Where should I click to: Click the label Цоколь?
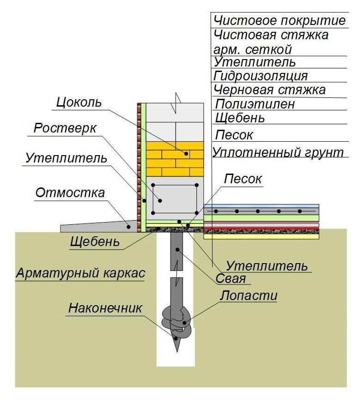coord(79,102)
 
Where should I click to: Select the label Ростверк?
coord(65,128)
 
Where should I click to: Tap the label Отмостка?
coord(70,193)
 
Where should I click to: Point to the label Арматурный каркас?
coord(80,273)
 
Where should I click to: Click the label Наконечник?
coord(105,308)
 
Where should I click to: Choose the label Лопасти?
coord(248,295)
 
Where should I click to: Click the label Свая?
coord(231,279)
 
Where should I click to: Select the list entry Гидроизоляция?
coord(261,76)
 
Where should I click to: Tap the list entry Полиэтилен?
coord(255,104)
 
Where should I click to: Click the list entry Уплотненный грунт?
coord(278,152)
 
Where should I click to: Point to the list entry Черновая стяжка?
coord(270,90)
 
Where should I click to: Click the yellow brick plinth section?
coord(175,159)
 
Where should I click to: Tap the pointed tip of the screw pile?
coord(177,352)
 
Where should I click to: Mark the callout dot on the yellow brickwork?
coord(186,154)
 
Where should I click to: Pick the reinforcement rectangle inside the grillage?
coord(175,199)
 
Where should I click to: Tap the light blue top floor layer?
coord(261,206)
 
